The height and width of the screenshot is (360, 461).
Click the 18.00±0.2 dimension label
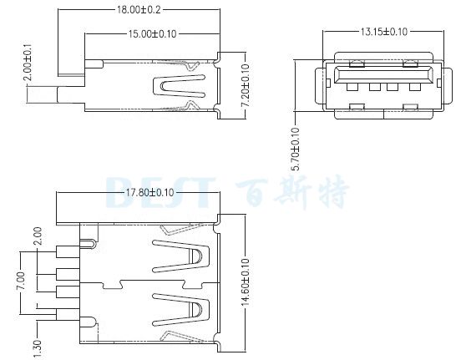pyautogui.click(x=140, y=11)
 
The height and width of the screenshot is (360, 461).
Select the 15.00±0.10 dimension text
pyautogui.click(x=150, y=34)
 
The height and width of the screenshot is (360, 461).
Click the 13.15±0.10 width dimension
pyautogui.click(x=383, y=32)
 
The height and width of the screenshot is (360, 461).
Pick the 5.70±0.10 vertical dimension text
pyautogui.click(x=295, y=150)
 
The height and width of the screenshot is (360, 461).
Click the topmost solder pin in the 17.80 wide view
pyautogui.click(x=65, y=253)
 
